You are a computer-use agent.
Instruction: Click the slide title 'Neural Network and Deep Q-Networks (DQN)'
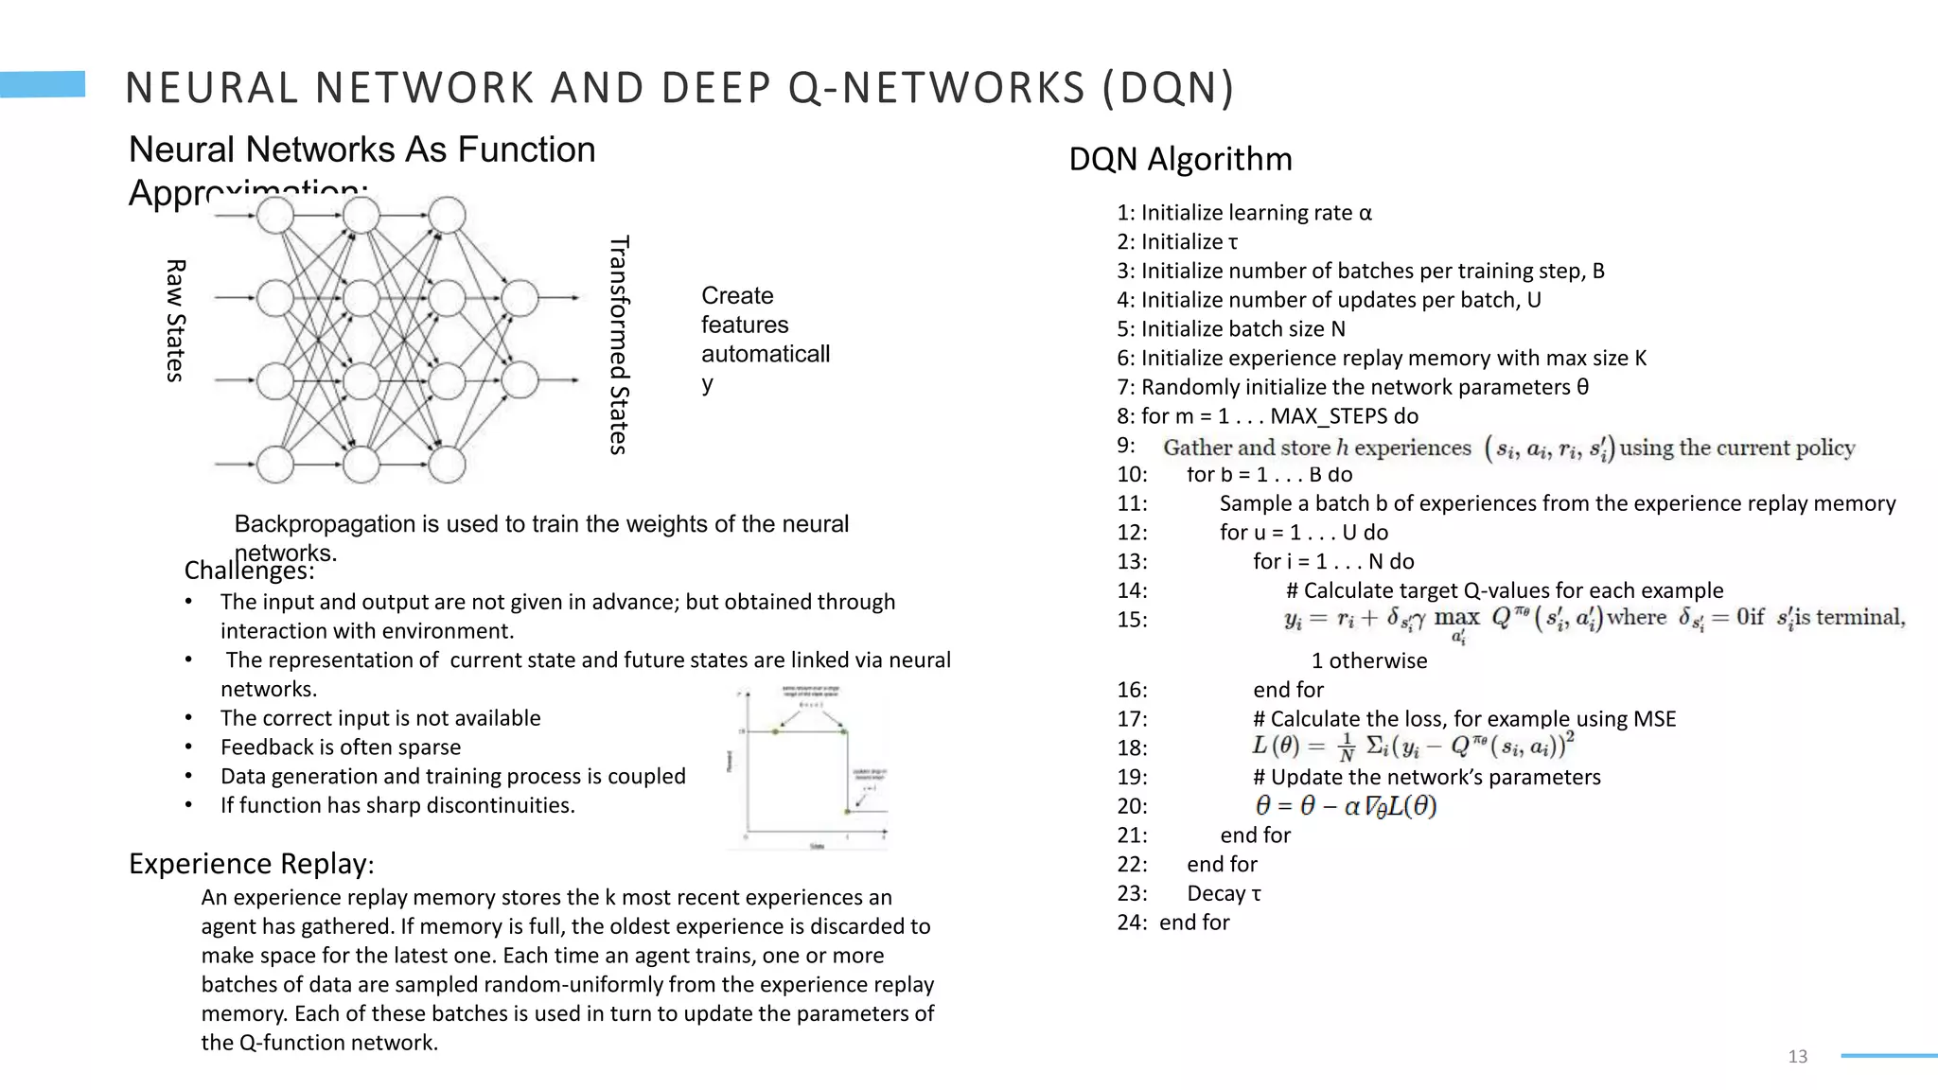click(679, 88)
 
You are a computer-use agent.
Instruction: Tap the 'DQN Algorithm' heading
click(1180, 159)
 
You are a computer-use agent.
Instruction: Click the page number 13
click(1797, 1056)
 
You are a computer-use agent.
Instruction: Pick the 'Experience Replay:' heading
click(251, 864)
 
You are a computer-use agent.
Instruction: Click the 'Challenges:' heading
click(249, 571)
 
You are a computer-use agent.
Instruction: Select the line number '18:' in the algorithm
click(1132, 748)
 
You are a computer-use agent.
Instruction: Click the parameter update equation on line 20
click(1346, 806)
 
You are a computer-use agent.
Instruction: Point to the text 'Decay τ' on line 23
click(1224, 893)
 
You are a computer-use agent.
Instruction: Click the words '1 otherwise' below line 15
click(1368, 660)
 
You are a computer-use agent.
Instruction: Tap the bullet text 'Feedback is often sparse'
click(341, 747)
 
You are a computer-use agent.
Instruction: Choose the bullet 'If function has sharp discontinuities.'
click(397, 805)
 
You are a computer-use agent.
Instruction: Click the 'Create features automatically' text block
click(765, 339)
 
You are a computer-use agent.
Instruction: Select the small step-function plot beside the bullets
click(810, 767)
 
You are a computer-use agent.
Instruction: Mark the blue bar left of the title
click(43, 84)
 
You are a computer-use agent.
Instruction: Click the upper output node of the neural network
click(520, 298)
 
